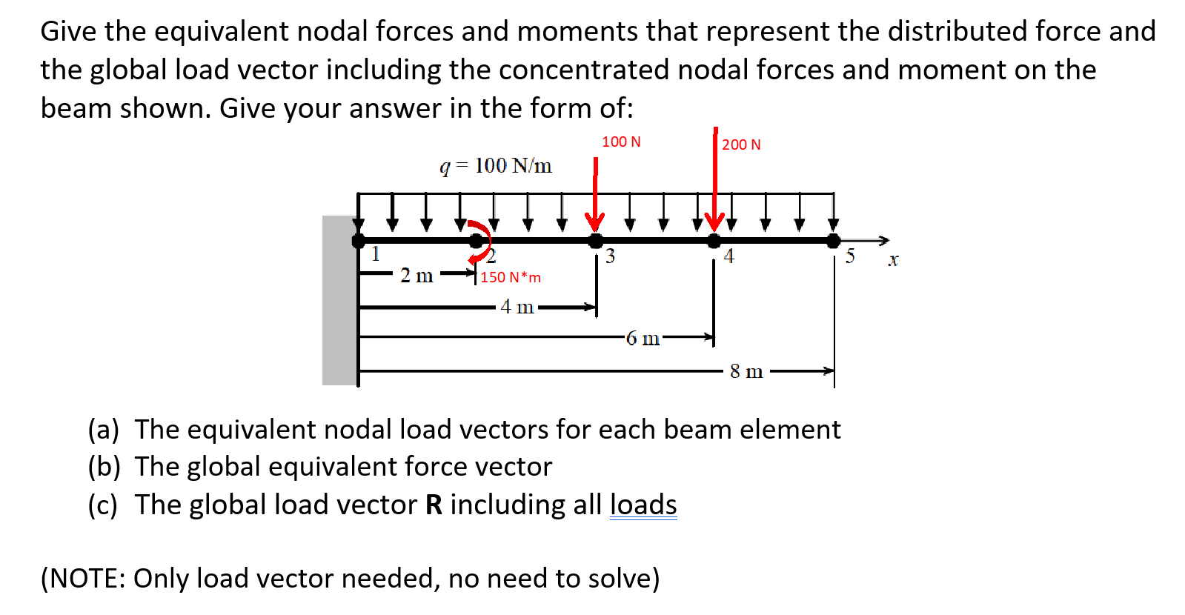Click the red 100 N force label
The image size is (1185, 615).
pyautogui.click(x=621, y=142)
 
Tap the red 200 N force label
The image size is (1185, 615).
pyautogui.click(x=741, y=144)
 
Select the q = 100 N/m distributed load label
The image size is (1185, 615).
pyautogui.click(x=496, y=165)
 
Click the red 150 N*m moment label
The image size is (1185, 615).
pyautogui.click(x=511, y=277)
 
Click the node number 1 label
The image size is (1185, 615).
pyautogui.click(x=376, y=254)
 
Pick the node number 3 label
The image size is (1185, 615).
pyautogui.click(x=610, y=256)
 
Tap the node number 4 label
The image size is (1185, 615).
pyautogui.click(x=729, y=256)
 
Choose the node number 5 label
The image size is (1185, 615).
pyautogui.click(x=850, y=256)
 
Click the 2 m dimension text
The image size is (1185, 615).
pyautogui.click(x=416, y=276)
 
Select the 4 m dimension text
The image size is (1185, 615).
pyautogui.click(x=517, y=307)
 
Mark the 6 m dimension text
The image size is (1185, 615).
pyautogui.click(x=643, y=339)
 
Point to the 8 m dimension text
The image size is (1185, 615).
pyautogui.click(x=746, y=371)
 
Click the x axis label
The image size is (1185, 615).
pyautogui.click(x=893, y=260)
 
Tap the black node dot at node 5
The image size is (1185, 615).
pyautogui.click(x=834, y=240)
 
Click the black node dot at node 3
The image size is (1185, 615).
pyautogui.click(x=595, y=240)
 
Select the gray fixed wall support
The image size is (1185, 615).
pyautogui.click(x=339, y=300)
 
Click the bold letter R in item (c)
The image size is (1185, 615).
pyautogui.click(x=434, y=505)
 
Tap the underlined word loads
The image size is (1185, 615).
pyautogui.click(x=643, y=505)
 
